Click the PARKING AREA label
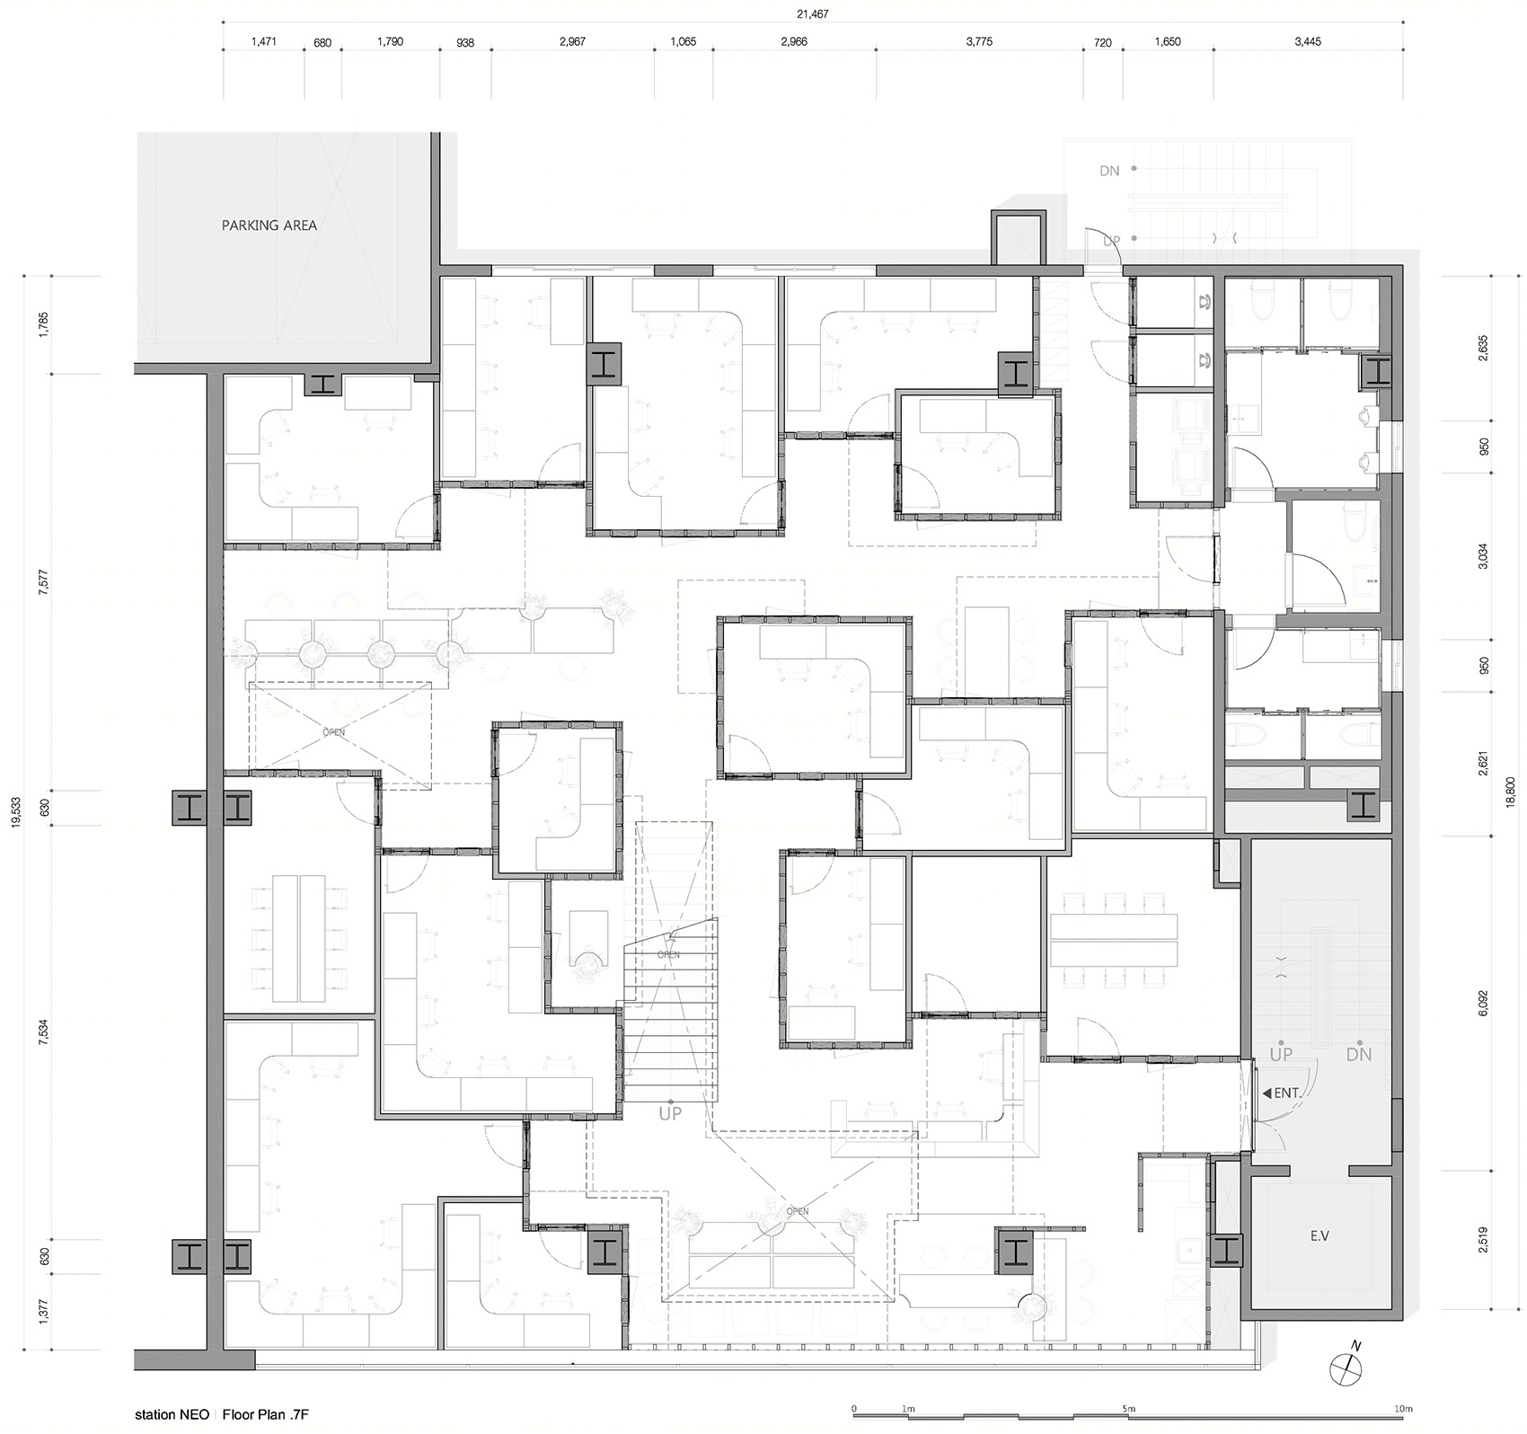tap(269, 226)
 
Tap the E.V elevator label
tap(1320, 1236)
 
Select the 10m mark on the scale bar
tap(1403, 1407)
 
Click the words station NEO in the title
tap(172, 1415)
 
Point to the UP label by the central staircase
tap(670, 1113)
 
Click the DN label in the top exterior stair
tap(1110, 170)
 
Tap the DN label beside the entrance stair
tap(1359, 1054)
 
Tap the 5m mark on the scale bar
tap(1129, 1407)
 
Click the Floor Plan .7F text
tap(266, 1415)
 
